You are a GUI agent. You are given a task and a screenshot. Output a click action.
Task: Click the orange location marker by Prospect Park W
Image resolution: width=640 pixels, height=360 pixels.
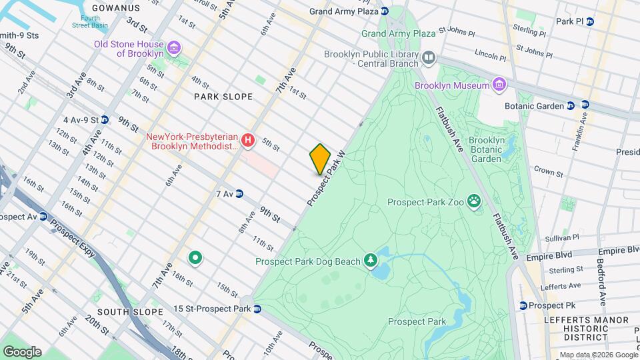click(320, 159)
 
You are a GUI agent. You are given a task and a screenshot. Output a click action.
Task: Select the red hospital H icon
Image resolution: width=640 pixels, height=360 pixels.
click(248, 140)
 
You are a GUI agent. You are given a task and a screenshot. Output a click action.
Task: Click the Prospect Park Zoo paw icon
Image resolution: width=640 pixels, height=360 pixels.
click(474, 201)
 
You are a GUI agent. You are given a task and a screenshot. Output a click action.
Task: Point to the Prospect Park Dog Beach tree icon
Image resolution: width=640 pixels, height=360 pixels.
click(370, 261)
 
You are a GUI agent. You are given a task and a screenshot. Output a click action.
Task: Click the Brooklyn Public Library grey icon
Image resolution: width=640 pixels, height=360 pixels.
click(429, 59)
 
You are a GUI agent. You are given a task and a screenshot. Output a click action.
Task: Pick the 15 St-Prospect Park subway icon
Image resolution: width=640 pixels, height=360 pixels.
click(257, 309)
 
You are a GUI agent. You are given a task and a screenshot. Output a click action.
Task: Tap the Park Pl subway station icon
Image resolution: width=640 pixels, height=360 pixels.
click(589, 21)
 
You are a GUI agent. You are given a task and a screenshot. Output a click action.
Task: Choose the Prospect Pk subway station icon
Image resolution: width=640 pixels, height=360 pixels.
click(523, 305)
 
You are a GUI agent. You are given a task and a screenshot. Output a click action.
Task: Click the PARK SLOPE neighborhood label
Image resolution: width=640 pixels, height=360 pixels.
click(223, 97)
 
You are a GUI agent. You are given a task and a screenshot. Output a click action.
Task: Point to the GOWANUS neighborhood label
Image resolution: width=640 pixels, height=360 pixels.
click(116, 8)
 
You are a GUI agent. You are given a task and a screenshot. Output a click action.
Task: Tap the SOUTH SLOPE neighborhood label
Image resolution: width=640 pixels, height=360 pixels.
click(129, 312)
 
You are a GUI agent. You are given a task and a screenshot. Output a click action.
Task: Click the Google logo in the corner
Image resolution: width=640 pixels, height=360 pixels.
click(21, 351)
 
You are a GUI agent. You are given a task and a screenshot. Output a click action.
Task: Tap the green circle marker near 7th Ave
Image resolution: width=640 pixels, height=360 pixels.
click(195, 257)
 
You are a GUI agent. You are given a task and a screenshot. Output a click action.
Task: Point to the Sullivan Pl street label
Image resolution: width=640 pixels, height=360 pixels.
click(561, 237)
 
